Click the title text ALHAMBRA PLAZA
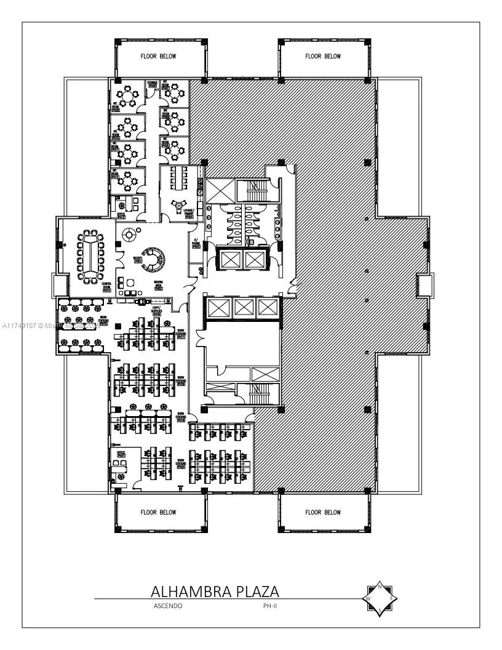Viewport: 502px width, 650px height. point(215,592)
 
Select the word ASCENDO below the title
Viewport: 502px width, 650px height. point(167,606)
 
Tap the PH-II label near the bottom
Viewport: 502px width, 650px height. point(263,606)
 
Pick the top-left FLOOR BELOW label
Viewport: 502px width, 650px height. point(158,56)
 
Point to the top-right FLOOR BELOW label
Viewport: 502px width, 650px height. point(323,56)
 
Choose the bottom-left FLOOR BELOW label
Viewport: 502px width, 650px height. point(158,512)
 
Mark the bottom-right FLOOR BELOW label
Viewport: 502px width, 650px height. point(323,512)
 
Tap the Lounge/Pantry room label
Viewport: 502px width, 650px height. point(189,213)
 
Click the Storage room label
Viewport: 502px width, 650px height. point(152,84)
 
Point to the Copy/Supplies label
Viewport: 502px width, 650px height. point(165,311)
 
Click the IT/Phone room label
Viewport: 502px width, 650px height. point(196,244)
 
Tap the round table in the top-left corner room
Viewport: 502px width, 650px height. point(128,97)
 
